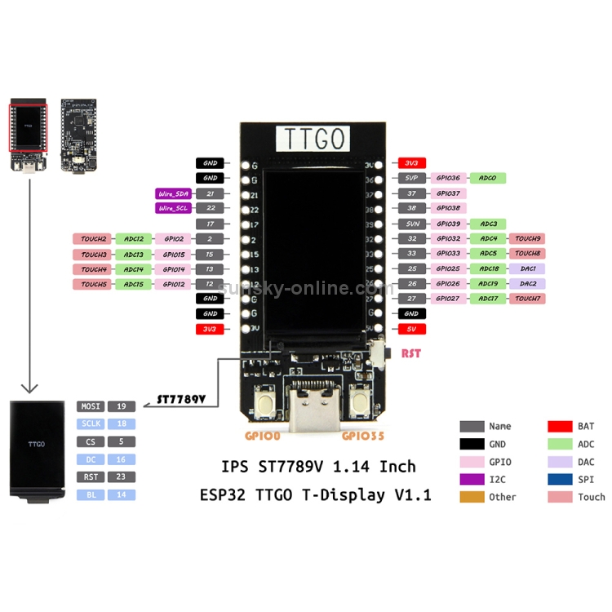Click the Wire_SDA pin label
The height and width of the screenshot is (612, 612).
(x=172, y=193)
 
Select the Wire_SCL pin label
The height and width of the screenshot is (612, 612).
(x=172, y=208)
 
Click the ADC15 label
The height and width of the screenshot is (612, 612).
(x=133, y=284)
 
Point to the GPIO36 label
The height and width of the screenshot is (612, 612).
(x=447, y=178)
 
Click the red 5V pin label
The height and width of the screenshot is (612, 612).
(x=411, y=329)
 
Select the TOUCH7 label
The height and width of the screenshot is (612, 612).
(x=527, y=299)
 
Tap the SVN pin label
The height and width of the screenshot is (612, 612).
(x=411, y=224)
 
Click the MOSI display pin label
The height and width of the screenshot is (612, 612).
(x=90, y=406)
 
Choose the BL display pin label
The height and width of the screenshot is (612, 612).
(x=90, y=494)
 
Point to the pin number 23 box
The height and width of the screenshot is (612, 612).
(x=121, y=477)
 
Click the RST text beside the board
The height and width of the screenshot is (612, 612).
(x=411, y=354)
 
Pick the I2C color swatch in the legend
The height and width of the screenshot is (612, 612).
(x=472, y=479)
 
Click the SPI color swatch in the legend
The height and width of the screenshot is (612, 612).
(x=559, y=479)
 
